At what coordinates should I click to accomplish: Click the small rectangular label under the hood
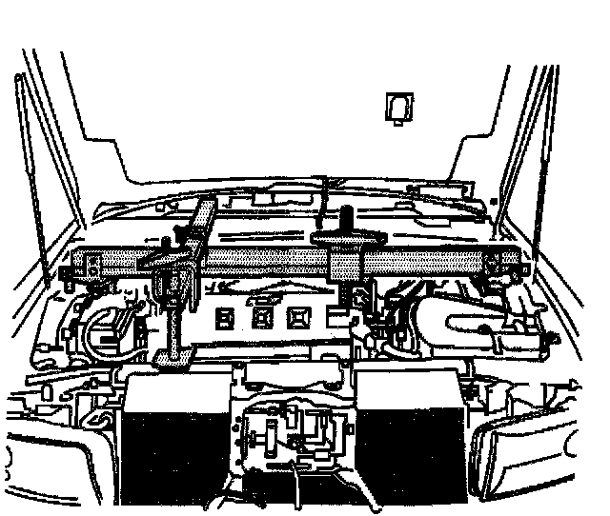(x=398, y=106)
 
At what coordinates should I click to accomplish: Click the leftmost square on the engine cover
(x=226, y=318)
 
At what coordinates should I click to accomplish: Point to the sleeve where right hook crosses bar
(x=346, y=260)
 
